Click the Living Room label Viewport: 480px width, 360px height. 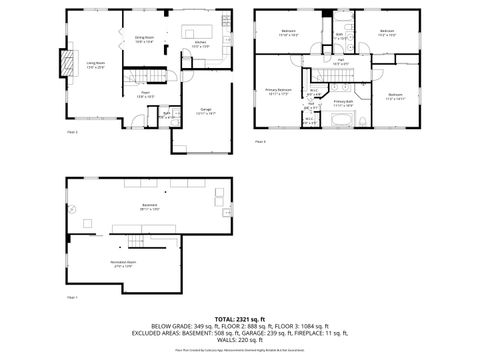(96, 65)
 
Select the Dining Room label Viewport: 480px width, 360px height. (145, 39)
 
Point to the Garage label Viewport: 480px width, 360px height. (205, 110)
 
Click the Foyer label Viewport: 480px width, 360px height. (145, 94)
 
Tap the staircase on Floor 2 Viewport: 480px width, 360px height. (135, 79)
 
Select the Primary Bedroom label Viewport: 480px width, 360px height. (278, 91)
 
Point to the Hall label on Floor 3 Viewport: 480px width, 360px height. (341, 61)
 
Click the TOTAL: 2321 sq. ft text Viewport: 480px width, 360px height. (239, 317)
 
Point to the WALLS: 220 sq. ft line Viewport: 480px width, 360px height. (239, 341)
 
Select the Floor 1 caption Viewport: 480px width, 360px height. (72, 298)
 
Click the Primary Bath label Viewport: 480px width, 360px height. (342, 102)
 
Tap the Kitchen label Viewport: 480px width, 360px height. (200, 43)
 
